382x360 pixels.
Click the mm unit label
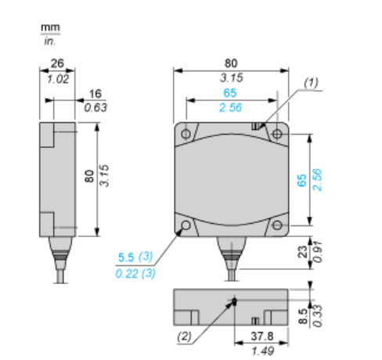(50, 27)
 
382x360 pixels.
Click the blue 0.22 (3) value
(135, 272)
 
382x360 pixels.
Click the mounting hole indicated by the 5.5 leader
(186, 228)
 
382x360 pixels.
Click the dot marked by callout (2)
(234, 301)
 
